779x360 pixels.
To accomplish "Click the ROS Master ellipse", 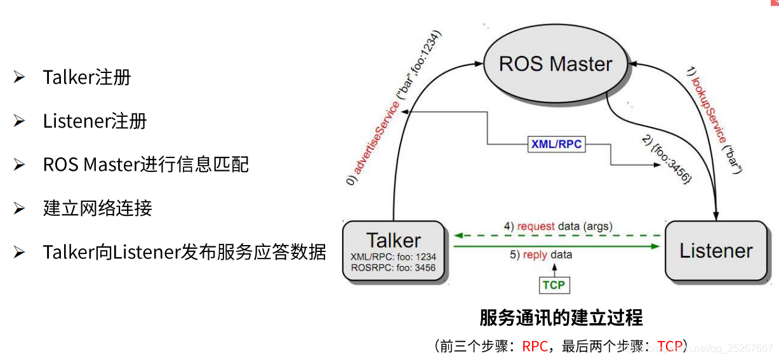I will [556, 63].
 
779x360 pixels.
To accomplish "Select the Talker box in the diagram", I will [393, 251].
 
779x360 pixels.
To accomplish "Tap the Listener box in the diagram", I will [716, 251].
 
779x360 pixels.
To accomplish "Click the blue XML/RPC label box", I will [556, 144].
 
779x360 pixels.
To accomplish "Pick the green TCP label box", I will [554, 285].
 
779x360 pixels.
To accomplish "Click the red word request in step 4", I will [536, 226].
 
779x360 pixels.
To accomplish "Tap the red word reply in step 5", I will [535, 255].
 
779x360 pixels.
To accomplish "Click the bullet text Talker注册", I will [87, 77].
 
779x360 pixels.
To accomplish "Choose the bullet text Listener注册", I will [95, 121].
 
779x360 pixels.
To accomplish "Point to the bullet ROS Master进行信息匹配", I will [146, 164].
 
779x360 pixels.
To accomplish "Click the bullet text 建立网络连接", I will [98, 208].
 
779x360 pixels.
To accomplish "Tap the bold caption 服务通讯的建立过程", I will [561, 317].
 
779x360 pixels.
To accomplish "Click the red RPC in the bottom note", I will [535, 346].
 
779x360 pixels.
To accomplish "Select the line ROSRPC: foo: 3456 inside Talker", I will [393, 268].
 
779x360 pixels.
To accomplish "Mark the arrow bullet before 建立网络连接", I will [19, 208].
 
